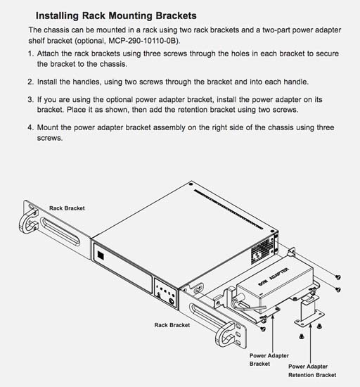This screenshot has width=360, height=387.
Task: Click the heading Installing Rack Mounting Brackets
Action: click(116, 15)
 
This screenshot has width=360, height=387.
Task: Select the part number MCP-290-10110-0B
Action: click(143, 41)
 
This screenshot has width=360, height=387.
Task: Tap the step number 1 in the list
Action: click(30, 53)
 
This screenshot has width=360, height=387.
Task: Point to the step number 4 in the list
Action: click(30, 127)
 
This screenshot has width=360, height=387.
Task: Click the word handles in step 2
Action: click(80, 82)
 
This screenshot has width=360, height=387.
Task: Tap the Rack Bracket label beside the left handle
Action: click(67, 208)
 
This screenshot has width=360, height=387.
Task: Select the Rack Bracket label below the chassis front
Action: click(172, 325)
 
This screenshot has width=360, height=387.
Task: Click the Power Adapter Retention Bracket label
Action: click(312, 371)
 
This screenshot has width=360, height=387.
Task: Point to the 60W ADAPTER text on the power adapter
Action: click(274, 277)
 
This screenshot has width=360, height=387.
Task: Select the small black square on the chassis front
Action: click(101, 255)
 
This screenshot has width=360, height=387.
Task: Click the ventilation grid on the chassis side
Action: click(262, 250)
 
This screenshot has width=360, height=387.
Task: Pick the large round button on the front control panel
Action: click(172, 301)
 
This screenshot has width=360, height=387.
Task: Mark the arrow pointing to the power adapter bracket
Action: click(273, 334)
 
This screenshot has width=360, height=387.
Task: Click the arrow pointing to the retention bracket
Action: click(311, 343)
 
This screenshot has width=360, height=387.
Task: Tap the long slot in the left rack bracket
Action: click(60, 231)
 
